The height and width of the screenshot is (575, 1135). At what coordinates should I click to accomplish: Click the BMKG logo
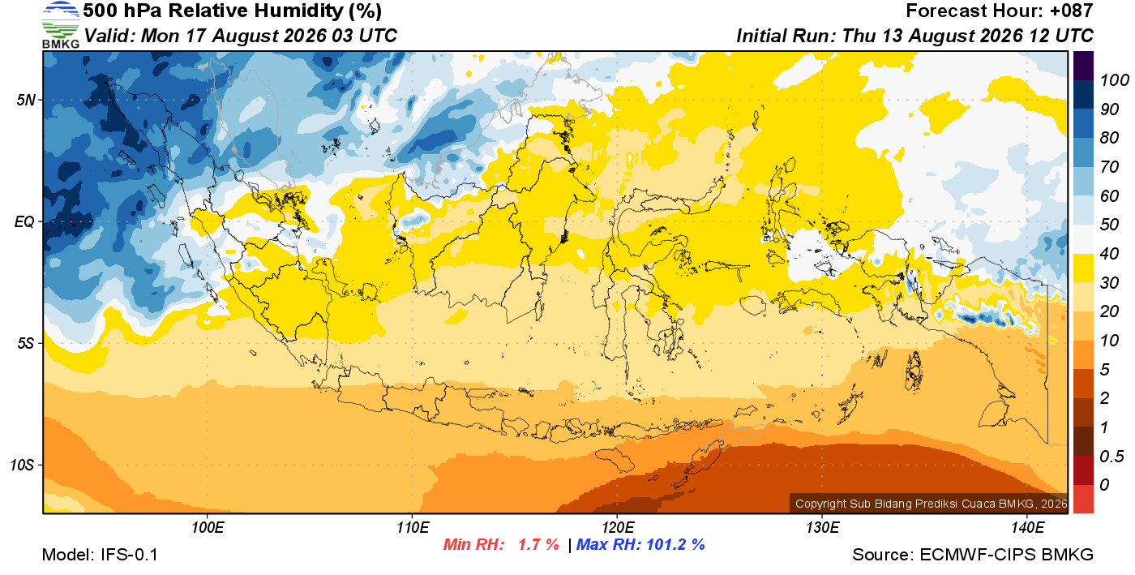pos(61,25)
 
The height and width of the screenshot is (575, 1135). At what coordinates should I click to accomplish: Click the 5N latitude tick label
pos(26,100)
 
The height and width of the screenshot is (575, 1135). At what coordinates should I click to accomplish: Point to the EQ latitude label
pos(24,221)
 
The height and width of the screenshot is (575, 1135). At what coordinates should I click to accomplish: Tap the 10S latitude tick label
pos(23,465)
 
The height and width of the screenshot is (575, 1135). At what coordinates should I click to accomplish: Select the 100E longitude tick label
pos(208,527)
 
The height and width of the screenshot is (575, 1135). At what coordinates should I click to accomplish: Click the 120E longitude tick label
pos(617,527)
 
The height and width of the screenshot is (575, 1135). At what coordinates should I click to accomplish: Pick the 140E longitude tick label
pos(1027,527)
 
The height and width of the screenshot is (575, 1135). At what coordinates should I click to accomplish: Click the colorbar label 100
pos(1114,80)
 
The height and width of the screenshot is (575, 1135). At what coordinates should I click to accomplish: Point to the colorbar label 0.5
pos(1111,457)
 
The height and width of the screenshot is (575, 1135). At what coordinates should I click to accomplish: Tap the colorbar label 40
pos(1109,254)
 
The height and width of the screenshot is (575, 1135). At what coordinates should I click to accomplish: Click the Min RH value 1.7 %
pos(538,544)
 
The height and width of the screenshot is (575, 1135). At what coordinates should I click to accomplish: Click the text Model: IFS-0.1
pos(100,555)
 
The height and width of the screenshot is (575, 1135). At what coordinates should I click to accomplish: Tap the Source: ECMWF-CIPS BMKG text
pos(973,555)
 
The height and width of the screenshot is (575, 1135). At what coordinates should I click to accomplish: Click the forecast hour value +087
pos(1072,11)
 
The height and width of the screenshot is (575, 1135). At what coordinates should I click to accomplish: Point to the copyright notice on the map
pos(932,504)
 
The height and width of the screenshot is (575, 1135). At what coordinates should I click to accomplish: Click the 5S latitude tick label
pos(26,343)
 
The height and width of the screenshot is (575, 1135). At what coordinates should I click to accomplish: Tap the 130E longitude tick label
pos(822,527)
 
